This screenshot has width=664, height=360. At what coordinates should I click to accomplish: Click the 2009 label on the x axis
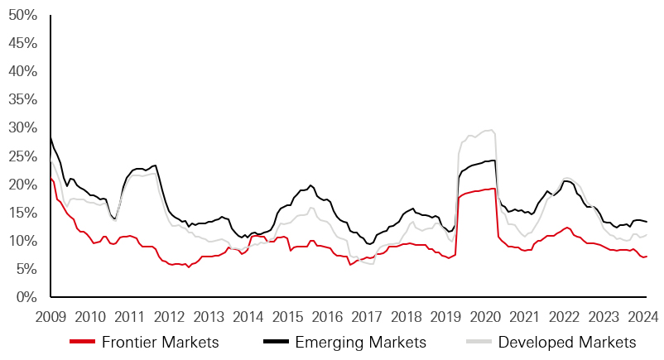point(51,315)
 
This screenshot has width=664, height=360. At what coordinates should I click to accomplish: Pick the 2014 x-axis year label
point(248,315)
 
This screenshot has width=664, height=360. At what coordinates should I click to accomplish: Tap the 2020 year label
point(485,315)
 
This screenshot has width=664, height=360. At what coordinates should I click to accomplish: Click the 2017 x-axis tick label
point(367,315)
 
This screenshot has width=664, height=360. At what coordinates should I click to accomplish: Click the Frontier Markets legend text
point(160,342)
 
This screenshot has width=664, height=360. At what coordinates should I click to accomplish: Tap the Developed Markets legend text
point(566,342)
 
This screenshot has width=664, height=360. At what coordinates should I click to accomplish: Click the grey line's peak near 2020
point(491,130)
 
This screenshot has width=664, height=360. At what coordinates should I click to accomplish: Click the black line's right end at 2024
point(647,222)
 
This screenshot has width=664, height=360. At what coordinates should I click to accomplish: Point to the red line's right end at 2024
point(647,257)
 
